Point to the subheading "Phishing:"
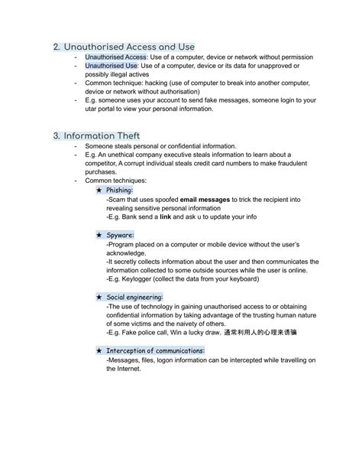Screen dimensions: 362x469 pos(120,190)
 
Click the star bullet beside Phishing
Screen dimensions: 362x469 pos(100,190)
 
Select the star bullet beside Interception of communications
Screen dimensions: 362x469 pos(100,350)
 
